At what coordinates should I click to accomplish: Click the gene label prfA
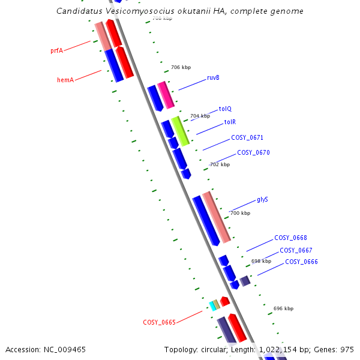(x=56, y=51)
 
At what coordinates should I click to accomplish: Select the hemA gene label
(x=65, y=80)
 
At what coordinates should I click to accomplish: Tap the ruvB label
(x=213, y=78)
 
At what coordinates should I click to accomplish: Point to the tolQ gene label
(x=225, y=109)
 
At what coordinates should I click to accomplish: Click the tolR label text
(x=230, y=122)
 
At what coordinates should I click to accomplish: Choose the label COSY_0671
(x=247, y=137)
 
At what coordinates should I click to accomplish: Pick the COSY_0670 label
(x=253, y=152)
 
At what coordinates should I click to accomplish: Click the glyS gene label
(x=262, y=199)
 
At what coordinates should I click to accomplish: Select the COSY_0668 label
(x=290, y=238)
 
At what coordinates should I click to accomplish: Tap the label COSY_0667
(x=296, y=250)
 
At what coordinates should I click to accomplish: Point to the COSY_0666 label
(x=301, y=262)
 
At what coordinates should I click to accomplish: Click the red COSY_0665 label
(x=159, y=322)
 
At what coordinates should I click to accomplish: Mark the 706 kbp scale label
(x=181, y=68)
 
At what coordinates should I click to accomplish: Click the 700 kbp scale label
(x=240, y=213)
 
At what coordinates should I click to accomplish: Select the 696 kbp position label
(x=283, y=308)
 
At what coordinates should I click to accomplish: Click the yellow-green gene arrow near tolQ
(x=181, y=131)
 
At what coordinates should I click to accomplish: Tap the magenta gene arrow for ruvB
(x=166, y=95)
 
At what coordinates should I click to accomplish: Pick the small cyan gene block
(x=212, y=305)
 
